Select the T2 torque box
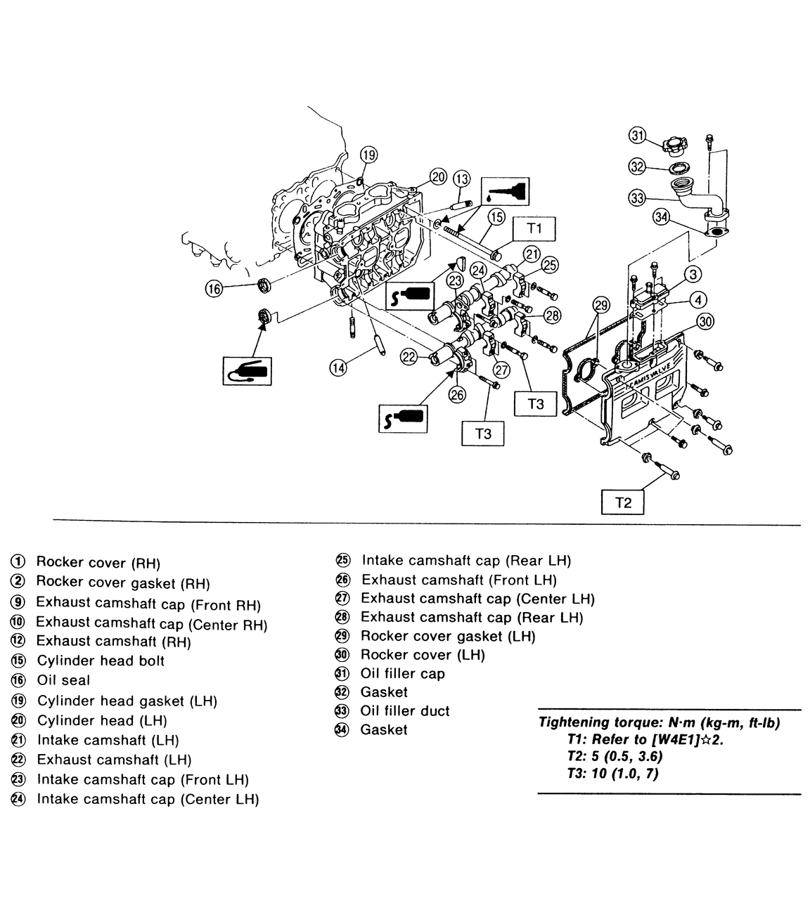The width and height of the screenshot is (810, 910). [623, 502]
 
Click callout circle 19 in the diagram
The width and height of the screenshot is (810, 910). [369, 155]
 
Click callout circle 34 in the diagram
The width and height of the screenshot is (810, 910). [661, 216]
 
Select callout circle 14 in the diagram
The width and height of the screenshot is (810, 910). [340, 366]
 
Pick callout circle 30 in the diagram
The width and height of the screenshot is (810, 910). [705, 322]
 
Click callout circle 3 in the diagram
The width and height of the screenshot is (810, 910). [693, 274]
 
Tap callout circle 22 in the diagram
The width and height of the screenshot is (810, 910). [409, 357]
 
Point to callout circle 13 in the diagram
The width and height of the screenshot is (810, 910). [461, 178]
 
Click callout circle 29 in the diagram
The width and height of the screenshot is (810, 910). [601, 305]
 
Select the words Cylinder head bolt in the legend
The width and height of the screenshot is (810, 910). [101, 661]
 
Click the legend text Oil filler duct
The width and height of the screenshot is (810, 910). [405, 711]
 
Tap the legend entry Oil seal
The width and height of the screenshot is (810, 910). [63, 680]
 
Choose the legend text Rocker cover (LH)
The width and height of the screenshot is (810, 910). [423, 655]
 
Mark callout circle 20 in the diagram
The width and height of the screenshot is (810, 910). [438, 176]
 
